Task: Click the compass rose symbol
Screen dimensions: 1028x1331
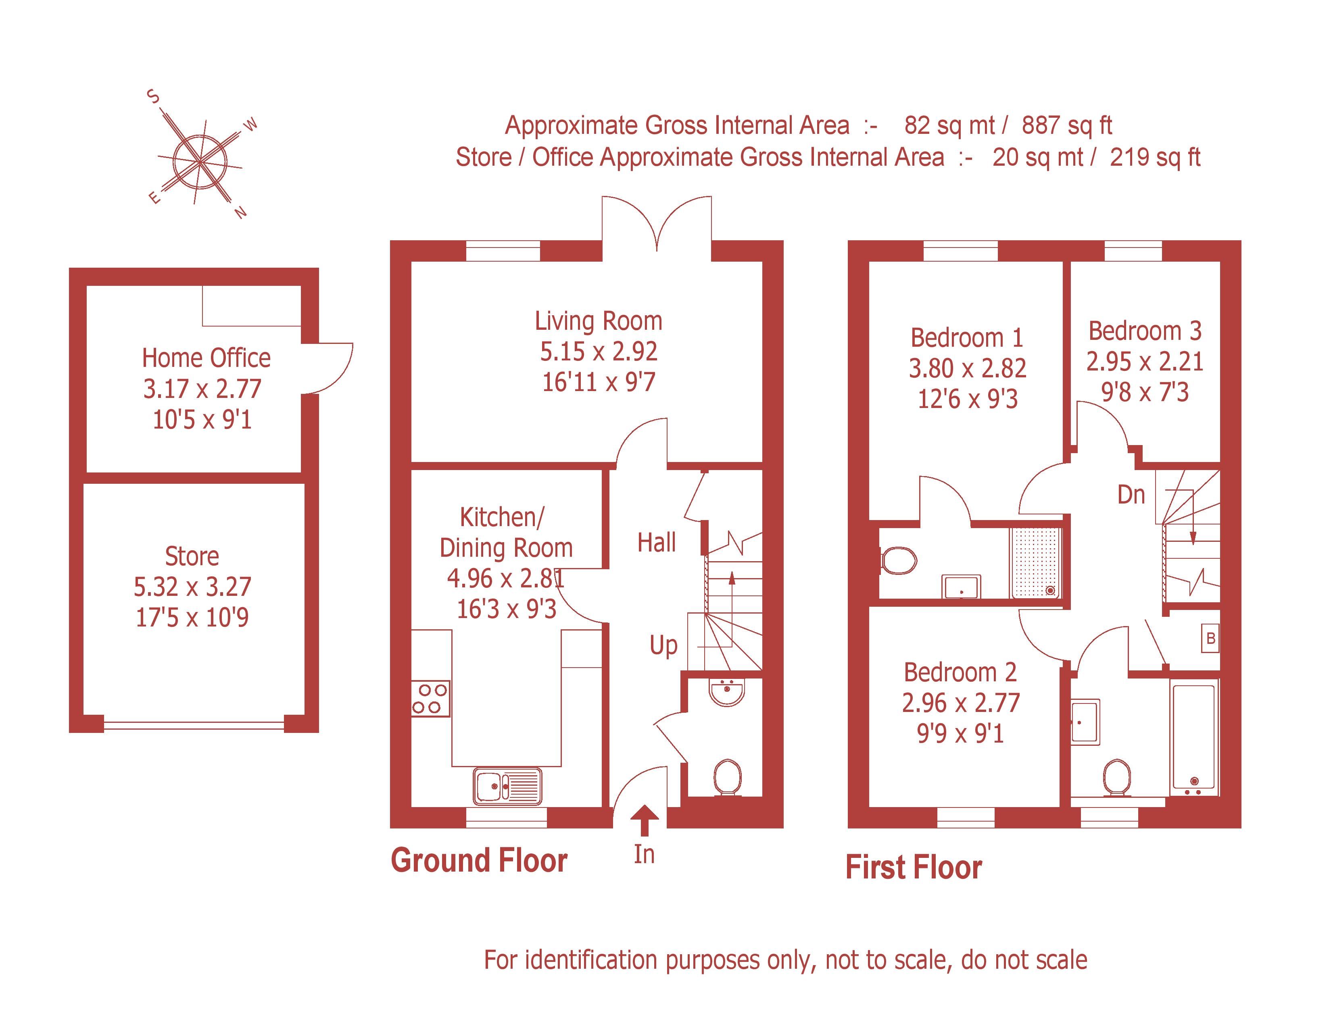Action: point(200,161)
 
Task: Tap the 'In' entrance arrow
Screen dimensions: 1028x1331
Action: point(644,819)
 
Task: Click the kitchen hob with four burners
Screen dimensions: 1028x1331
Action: point(430,698)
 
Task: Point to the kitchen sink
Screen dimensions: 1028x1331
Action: point(507,786)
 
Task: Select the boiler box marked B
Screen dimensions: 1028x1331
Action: point(1210,638)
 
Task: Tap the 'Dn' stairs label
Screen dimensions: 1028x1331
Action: point(1131,495)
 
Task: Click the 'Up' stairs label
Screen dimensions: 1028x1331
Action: point(663,645)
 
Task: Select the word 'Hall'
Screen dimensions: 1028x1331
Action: point(656,542)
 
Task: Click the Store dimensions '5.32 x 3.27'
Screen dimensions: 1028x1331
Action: point(192,587)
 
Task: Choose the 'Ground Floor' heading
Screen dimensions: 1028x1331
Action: point(479,861)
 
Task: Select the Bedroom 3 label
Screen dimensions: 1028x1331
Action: point(1145,331)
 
